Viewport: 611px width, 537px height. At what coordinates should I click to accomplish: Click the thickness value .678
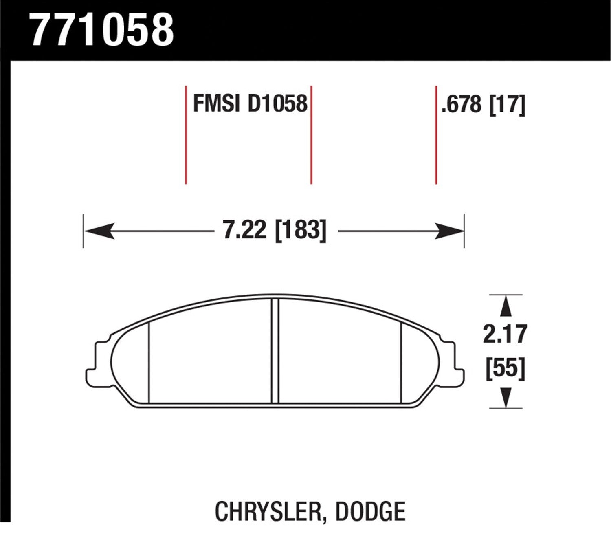point(461,105)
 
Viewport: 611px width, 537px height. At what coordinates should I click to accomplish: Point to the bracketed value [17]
point(507,105)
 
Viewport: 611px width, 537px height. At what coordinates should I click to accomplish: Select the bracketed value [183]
point(301,231)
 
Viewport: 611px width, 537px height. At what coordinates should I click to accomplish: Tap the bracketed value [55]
point(506,369)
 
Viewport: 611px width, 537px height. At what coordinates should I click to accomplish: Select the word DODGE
point(370,512)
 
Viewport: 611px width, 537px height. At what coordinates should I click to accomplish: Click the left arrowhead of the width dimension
point(98,231)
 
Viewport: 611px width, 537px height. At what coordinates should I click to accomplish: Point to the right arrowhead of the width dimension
point(450,231)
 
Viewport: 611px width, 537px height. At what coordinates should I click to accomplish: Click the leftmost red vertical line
point(186,135)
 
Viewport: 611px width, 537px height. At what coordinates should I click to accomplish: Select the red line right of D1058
point(311,135)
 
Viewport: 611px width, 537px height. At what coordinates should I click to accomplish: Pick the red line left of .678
point(436,135)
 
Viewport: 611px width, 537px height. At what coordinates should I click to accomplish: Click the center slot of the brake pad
point(275,351)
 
